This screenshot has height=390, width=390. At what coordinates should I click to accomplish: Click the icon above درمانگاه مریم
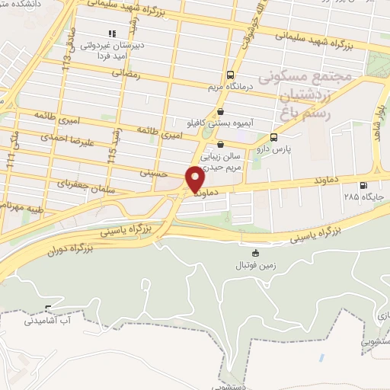click(230, 75)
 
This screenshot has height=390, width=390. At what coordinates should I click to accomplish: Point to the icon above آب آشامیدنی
click(50, 309)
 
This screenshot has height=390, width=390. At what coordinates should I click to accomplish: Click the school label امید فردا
click(113, 55)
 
